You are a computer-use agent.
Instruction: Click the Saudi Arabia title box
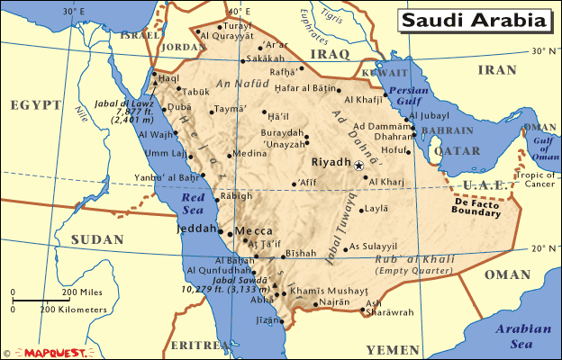coord(474,21)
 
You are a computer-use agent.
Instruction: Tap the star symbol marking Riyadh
coord(358,166)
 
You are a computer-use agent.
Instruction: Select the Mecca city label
coord(253,231)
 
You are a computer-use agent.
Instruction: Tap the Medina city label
coord(249,154)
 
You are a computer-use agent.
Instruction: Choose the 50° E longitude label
coord(408,12)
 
